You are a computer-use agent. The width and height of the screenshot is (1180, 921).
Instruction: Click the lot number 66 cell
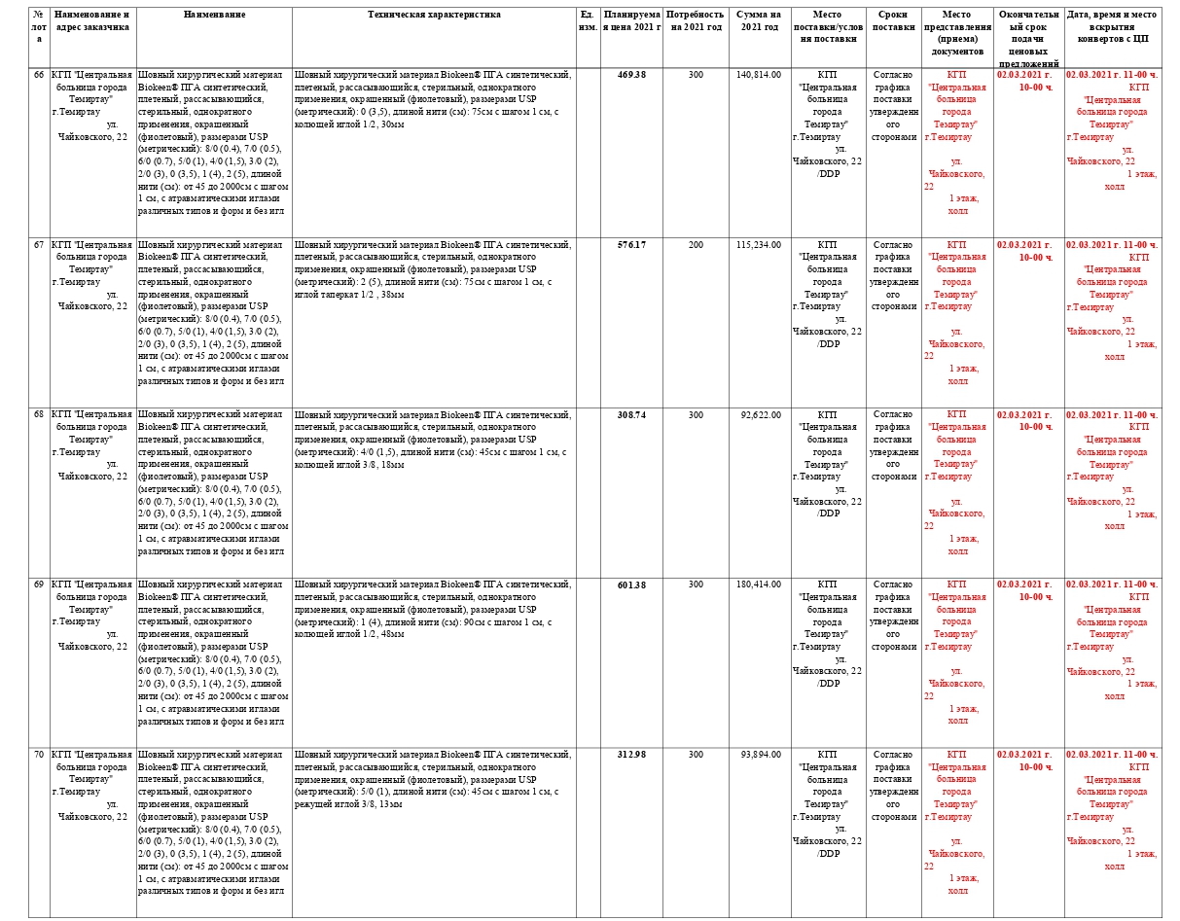(x=39, y=75)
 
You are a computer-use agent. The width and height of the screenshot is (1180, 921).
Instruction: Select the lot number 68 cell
(x=39, y=414)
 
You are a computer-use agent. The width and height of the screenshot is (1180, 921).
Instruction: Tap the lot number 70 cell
(x=39, y=755)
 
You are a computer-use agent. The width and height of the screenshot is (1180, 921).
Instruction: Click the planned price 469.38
(x=631, y=75)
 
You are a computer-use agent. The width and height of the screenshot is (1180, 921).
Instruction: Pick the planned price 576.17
(x=631, y=245)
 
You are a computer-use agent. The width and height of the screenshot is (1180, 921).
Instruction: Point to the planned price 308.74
(x=631, y=414)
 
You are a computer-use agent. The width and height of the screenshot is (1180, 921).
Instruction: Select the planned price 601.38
(x=631, y=584)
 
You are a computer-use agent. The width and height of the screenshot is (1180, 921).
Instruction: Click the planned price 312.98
(x=631, y=755)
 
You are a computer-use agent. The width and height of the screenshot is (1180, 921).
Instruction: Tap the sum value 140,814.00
(x=759, y=75)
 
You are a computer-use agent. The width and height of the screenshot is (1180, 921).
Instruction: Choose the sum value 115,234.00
(x=759, y=245)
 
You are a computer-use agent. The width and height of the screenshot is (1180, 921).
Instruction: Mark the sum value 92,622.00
(x=759, y=414)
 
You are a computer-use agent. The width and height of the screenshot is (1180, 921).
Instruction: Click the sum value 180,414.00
(x=759, y=584)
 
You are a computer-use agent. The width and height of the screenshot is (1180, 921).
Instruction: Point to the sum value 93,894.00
(x=759, y=755)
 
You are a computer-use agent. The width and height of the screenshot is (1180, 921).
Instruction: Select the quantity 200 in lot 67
(x=696, y=245)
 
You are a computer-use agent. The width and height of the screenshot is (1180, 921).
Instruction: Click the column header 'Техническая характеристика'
(x=434, y=16)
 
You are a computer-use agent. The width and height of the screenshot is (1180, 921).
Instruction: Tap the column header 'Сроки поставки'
(x=893, y=21)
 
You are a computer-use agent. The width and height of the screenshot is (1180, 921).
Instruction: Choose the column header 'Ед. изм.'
(x=588, y=21)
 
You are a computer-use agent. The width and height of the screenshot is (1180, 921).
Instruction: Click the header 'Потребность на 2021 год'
(x=696, y=21)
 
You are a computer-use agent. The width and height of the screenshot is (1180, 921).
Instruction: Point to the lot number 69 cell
(x=39, y=584)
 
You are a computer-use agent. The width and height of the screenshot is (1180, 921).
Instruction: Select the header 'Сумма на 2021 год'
(x=759, y=21)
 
